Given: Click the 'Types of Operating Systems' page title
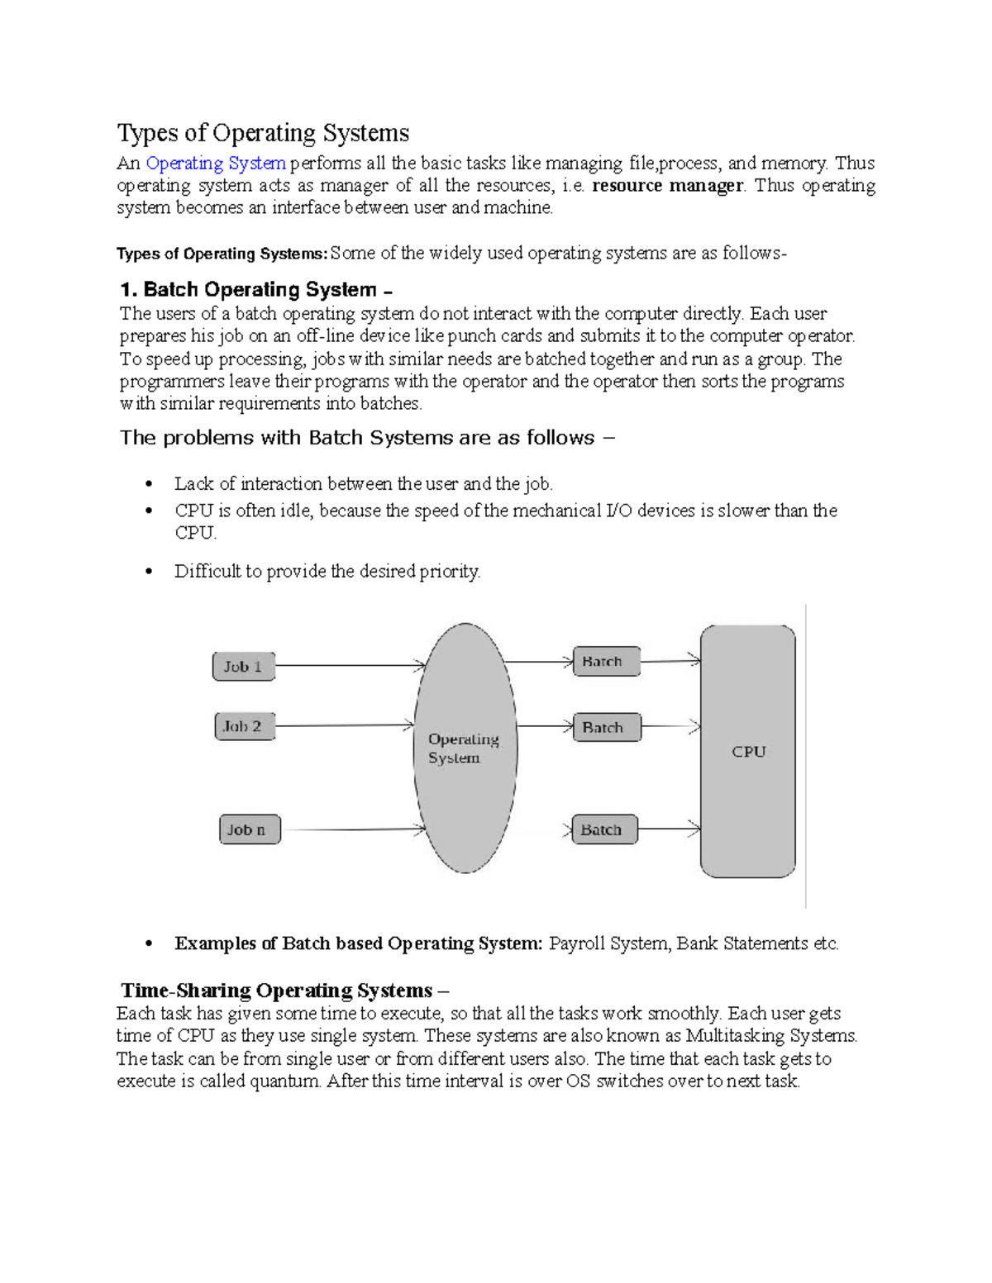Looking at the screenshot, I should click(263, 133).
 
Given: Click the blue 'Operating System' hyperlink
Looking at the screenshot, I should click(216, 164).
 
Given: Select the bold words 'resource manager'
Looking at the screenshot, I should click(668, 186).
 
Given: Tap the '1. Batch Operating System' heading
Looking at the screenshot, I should click(255, 290).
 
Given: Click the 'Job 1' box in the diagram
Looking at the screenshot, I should click(243, 667).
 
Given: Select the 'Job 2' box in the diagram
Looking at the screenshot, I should click(243, 727).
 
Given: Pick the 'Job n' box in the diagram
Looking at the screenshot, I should click(248, 829).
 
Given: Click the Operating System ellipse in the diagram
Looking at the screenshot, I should click(465, 748).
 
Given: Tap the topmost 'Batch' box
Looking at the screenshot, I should click(606, 662).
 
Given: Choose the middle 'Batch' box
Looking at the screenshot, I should click(606, 728).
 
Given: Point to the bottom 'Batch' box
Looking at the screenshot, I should click(604, 829).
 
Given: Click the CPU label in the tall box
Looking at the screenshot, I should click(748, 752).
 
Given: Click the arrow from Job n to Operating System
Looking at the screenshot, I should click(351, 829).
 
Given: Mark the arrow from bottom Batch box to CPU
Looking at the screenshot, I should click(669, 829).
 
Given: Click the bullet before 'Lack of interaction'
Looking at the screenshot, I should click(149, 484).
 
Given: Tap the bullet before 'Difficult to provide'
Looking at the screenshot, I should click(149, 572).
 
